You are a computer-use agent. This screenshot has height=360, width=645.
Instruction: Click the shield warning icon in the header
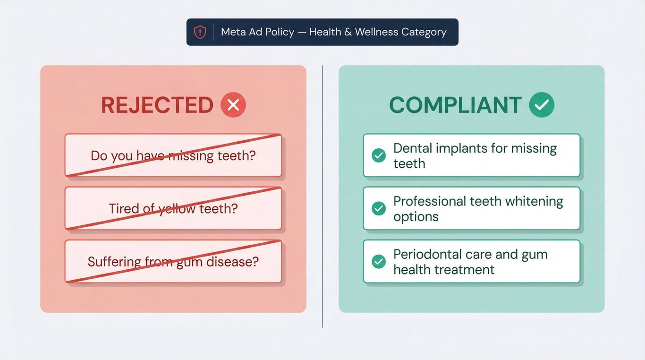(x=200, y=32)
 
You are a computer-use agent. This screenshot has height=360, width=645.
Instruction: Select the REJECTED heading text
(x=157, y=105)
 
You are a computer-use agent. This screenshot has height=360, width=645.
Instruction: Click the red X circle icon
(x=233, y=105)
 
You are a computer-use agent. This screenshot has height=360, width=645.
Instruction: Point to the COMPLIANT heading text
(x=455, y=105)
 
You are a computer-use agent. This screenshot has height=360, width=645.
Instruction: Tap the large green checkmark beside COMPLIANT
(x=542, y=105)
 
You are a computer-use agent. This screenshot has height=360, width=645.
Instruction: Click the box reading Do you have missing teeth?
(x=173, y=155)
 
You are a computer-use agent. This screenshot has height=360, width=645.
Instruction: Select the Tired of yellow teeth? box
(x=173, y=208)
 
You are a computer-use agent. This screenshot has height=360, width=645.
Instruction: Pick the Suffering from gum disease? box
(x=173, y=261)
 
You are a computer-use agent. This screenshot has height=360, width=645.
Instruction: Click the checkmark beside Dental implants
(x=379, y=155)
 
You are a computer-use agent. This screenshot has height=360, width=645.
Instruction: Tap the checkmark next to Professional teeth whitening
(x=379, y=208)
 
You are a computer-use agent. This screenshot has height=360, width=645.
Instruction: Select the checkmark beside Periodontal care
(x=379, y=262)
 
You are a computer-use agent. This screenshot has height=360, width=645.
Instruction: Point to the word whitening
(x=534, y=202)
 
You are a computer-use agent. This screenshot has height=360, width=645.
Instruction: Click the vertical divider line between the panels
(x=322, y=197)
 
